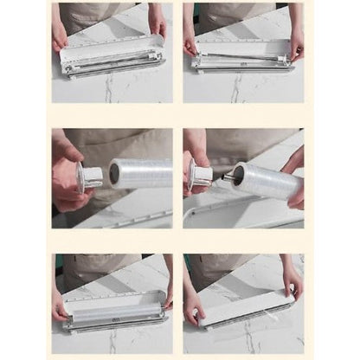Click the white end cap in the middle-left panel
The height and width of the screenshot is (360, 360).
[90, 177]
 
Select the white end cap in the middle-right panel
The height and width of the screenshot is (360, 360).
[200, 177]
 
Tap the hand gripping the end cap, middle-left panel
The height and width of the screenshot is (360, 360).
[67, 170]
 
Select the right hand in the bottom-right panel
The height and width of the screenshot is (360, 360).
[292, 281]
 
